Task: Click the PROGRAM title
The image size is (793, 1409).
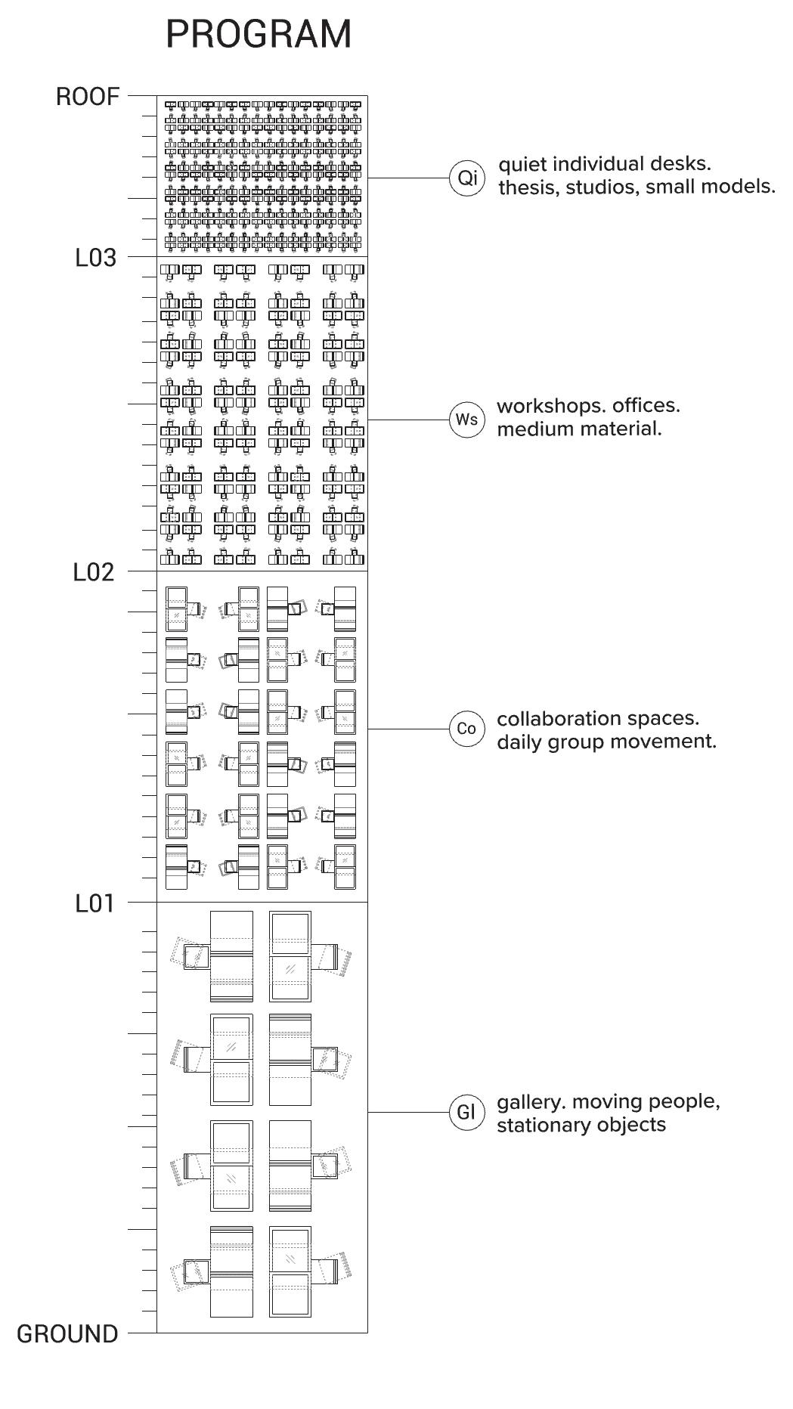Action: pos(259,35)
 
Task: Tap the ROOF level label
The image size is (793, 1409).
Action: pos(88,97)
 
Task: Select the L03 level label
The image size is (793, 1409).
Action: pos(96,258)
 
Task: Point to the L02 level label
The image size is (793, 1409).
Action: pos(94,572)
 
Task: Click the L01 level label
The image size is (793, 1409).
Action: pos(94,903)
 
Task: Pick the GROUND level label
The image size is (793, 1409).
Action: pos(67,1334)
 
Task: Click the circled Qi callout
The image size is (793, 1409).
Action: pos(467,178)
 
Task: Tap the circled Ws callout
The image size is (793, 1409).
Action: pos(466,420)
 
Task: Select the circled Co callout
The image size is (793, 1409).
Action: pos(466,729)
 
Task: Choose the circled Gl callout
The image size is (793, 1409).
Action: pos(466,1112)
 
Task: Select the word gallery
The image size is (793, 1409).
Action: pos(531,1102)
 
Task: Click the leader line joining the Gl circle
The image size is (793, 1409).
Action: pos(408,1112)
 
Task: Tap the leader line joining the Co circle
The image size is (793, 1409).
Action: pos(408,729)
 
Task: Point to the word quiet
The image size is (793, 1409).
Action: pos(522,164)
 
